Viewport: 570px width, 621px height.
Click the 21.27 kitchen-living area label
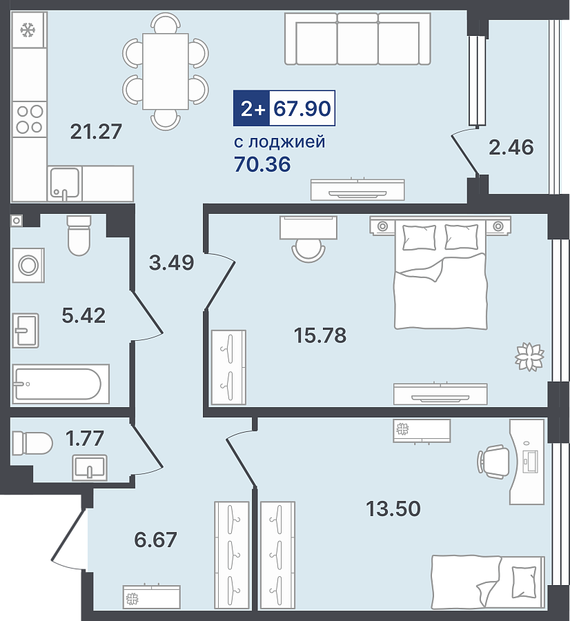96,132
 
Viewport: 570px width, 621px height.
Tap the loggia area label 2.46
511,147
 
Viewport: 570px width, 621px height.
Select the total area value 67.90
302,108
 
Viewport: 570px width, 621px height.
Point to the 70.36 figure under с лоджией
262,164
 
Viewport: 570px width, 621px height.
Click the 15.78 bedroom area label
320,335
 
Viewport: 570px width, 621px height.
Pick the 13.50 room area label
393,509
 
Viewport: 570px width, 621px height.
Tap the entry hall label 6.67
155,540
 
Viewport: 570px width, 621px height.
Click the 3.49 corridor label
172,262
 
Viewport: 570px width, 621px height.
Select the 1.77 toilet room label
84,438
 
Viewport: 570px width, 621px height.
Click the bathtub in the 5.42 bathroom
61,384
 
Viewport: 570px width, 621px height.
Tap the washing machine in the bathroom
28,265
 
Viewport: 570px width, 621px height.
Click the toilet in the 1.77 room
32,443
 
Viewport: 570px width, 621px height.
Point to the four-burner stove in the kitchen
30,119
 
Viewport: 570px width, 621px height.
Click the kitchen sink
65,184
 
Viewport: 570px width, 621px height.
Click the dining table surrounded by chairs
165,71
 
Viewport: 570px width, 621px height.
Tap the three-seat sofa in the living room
357,39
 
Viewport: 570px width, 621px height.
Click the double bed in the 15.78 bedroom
440,273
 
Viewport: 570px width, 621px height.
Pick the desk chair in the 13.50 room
493,460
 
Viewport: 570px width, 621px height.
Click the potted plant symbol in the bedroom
529,357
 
